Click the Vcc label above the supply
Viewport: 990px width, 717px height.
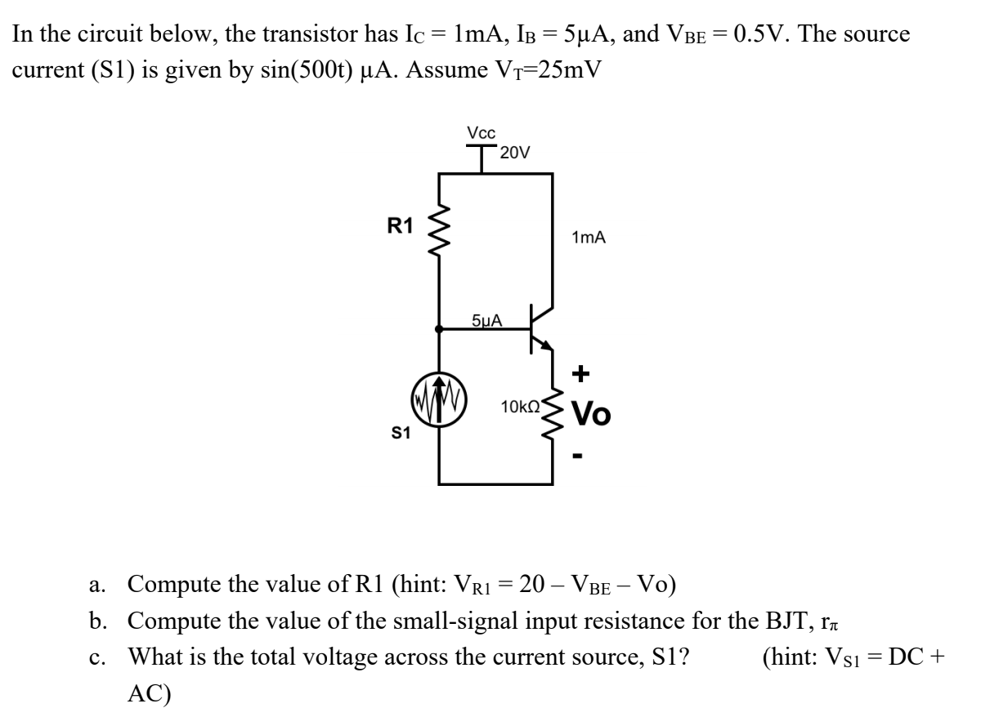pyautogui.click(x=481, y=132)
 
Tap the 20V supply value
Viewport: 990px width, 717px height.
pyautogui.click(x=515, y=153)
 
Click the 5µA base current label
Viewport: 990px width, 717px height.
pyautogui.click(x=487, y=319)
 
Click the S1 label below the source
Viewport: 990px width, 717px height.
pyautogui.click(x=400, y=434)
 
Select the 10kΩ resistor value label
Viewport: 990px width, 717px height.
pyautogui.click(x=520, y=406)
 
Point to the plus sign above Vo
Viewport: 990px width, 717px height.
pyautogui.click(x=580, y=375)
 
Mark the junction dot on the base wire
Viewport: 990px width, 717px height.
pyautogui.click(x=440, y=330)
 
